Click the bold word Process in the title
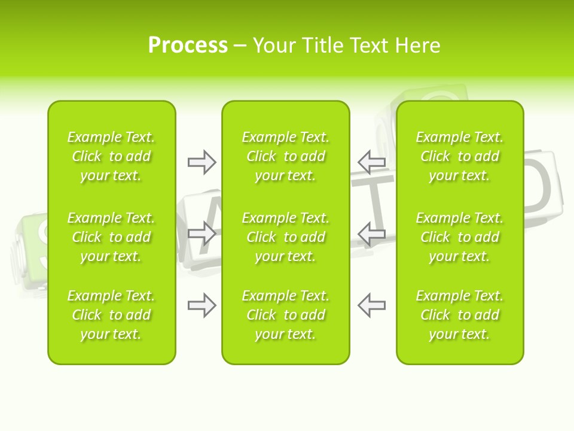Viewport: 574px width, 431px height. (x=188, y=45)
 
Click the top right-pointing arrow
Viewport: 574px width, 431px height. (x=201, y=162)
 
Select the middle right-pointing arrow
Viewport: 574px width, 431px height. (x=201, y=233)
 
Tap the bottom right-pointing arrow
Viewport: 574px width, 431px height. (x=201, y=305)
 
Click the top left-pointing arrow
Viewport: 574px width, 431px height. (x=371, y=162)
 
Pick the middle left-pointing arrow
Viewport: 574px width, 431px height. (x=371, y=233)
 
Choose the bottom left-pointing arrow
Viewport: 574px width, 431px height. (x=371, y=305)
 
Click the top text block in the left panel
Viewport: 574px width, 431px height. (x=111, y=156)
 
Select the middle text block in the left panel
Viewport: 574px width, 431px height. (x=111, y=237)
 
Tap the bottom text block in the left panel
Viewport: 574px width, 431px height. (x=111, y=315)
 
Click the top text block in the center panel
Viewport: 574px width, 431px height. (x=285, y=156)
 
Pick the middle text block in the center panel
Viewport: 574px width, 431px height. (x=285, y=237)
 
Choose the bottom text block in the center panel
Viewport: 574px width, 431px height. (x=285, y=315)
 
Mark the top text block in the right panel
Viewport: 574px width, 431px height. (x=459, y=156)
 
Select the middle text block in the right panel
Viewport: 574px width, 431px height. (x=459, y=237)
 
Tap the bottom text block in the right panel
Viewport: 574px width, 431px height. (x=459, y=315)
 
